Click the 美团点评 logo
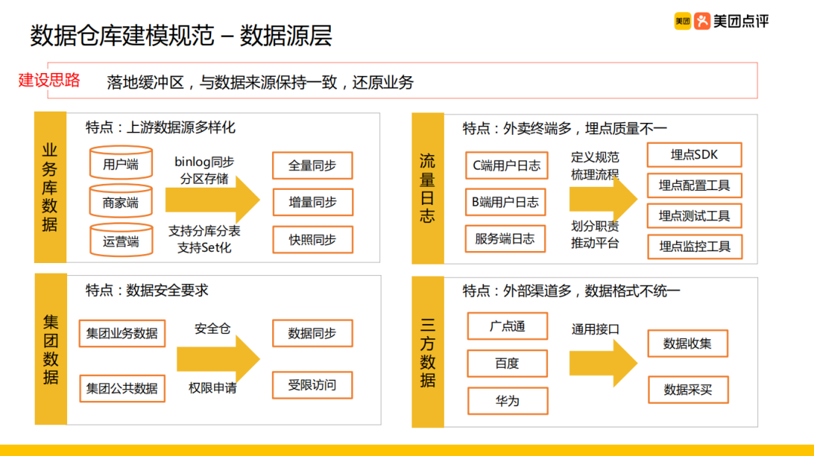721,21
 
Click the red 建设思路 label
50,80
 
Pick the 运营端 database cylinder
120,241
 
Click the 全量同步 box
312,165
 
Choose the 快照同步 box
312,240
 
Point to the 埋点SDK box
694,155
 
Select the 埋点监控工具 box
694,246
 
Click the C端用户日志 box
506,165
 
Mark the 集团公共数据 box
121,388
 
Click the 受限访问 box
312,385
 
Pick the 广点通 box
507,326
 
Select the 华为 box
507,401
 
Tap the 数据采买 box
687,390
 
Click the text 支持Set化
204,247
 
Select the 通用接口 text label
595,329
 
